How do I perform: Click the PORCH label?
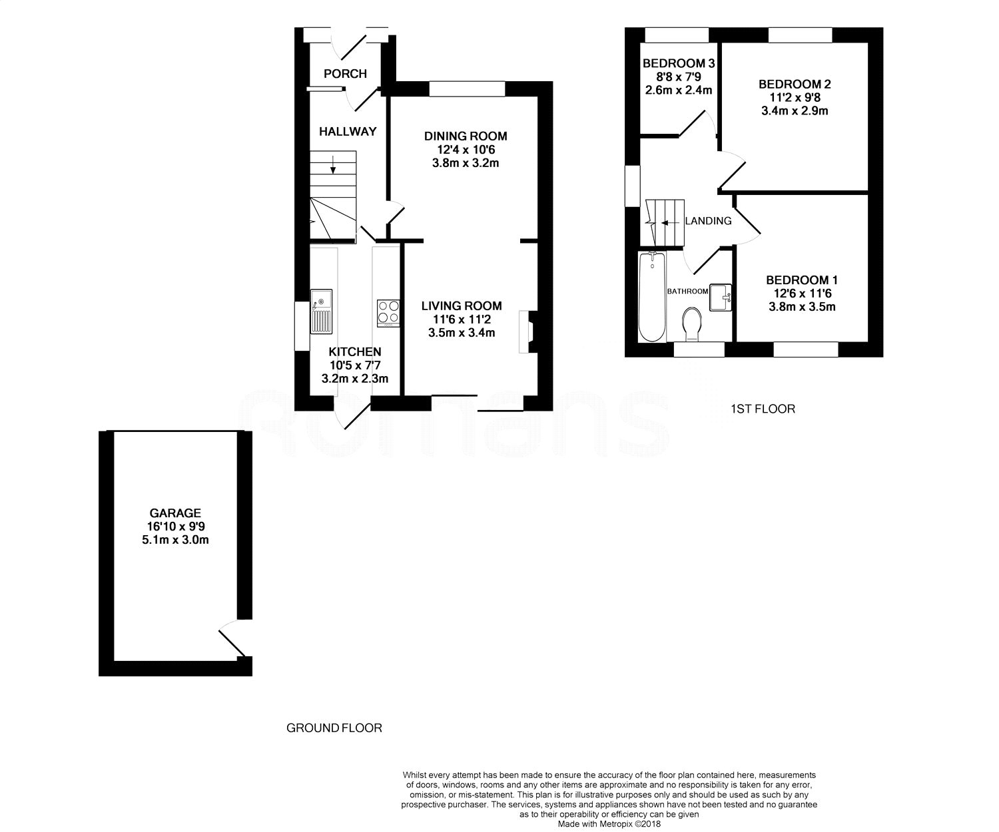(345, 73)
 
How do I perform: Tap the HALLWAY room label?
(347, 131)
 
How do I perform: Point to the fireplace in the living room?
(527, 331)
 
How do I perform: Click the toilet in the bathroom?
(693, 323)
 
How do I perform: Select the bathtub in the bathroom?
(651, 296)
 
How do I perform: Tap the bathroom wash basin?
(721, 297)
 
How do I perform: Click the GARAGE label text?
(175, 513)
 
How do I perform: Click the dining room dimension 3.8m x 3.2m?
(466, 162)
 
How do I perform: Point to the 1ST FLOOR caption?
(762, 409)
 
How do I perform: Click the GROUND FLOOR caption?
(334, 728)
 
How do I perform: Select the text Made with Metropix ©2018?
(609, 824)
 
